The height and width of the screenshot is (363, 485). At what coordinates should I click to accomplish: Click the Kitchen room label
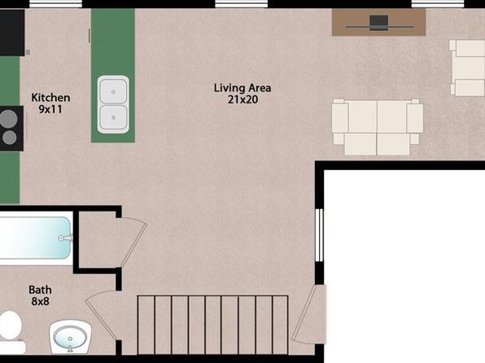[50, 98]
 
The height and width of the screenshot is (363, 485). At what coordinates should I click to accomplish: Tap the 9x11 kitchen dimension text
[50, 109]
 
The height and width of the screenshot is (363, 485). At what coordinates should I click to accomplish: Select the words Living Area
[242, 88]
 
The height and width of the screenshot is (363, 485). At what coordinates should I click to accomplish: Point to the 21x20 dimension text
[242, 99]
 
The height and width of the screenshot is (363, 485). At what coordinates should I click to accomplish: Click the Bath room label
[40, 290]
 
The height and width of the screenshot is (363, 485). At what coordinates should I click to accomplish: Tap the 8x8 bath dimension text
[40, 301]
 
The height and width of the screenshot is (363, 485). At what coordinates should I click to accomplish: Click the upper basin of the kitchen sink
[113, 91]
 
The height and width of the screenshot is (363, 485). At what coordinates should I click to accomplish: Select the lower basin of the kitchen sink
[113, 117]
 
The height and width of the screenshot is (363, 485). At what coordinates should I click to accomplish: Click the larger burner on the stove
[8, 119]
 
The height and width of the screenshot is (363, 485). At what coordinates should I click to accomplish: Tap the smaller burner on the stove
[10, 138]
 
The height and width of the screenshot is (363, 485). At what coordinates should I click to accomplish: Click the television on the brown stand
[379, 24]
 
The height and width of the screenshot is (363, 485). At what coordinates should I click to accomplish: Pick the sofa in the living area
[378, 127]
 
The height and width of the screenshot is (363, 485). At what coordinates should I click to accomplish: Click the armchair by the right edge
[467, 68]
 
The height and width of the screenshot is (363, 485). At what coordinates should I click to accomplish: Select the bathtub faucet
[65, 238]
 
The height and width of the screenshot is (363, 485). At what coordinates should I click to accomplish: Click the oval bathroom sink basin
[70, 338]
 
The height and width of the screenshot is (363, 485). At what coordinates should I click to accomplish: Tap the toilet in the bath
[11, 333]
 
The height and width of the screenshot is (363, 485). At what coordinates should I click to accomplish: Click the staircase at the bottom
[213, 325]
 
